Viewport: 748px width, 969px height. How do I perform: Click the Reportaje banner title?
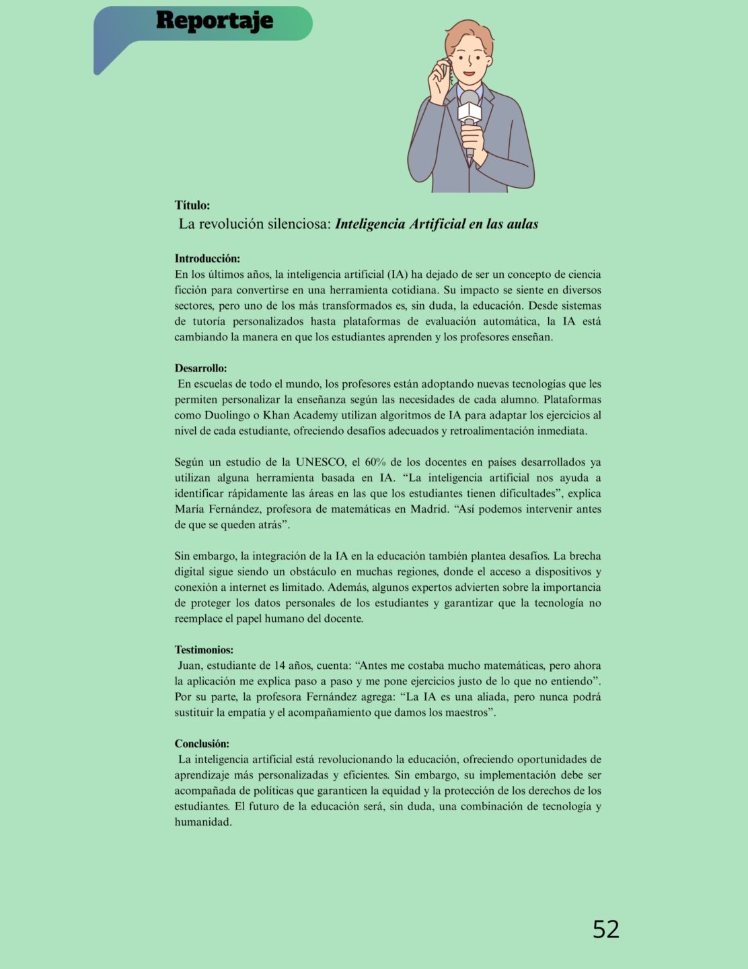[x=214, y=21]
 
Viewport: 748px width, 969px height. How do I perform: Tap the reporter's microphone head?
[x=470, y=101]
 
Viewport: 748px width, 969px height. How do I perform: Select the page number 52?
[x=605, y=929]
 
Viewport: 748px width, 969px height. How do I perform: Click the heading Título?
[x=192, y=205]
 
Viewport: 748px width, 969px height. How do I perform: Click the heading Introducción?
[x=207, y=258]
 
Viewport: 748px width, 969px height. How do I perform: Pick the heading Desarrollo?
[x=200, y=368]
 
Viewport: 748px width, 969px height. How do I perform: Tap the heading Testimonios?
[x=204, y=650]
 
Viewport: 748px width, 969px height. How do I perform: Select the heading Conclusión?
[x=202, y=744]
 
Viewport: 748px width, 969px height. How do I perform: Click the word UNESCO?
[x=320, y=462]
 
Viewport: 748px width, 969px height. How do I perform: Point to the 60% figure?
[x=375, y=462]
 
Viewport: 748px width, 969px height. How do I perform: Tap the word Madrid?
[x=428, y=509]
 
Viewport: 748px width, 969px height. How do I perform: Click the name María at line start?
[x=190, y=509]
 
